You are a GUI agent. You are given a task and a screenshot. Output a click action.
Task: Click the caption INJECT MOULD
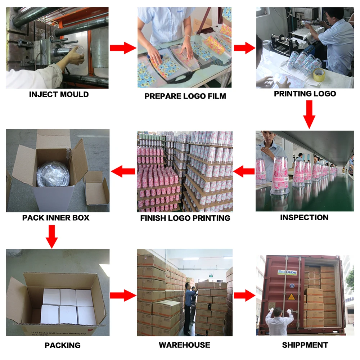coord(59,95)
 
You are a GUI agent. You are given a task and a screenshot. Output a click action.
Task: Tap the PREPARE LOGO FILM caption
coord(185,96)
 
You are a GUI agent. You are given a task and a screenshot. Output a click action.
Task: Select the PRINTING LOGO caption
coord(305,94)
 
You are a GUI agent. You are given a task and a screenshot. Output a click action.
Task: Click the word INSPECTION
coord(304,217)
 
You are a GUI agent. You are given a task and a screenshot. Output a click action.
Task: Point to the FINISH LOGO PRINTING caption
coord(185,218)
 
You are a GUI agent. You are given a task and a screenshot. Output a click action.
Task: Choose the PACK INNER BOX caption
coord(56,218)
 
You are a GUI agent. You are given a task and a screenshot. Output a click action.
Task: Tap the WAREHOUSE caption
coord(184,345)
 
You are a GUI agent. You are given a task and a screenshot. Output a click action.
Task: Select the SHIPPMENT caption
coord(305,345)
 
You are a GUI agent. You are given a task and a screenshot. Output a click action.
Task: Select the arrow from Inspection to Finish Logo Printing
coord(244,172)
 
